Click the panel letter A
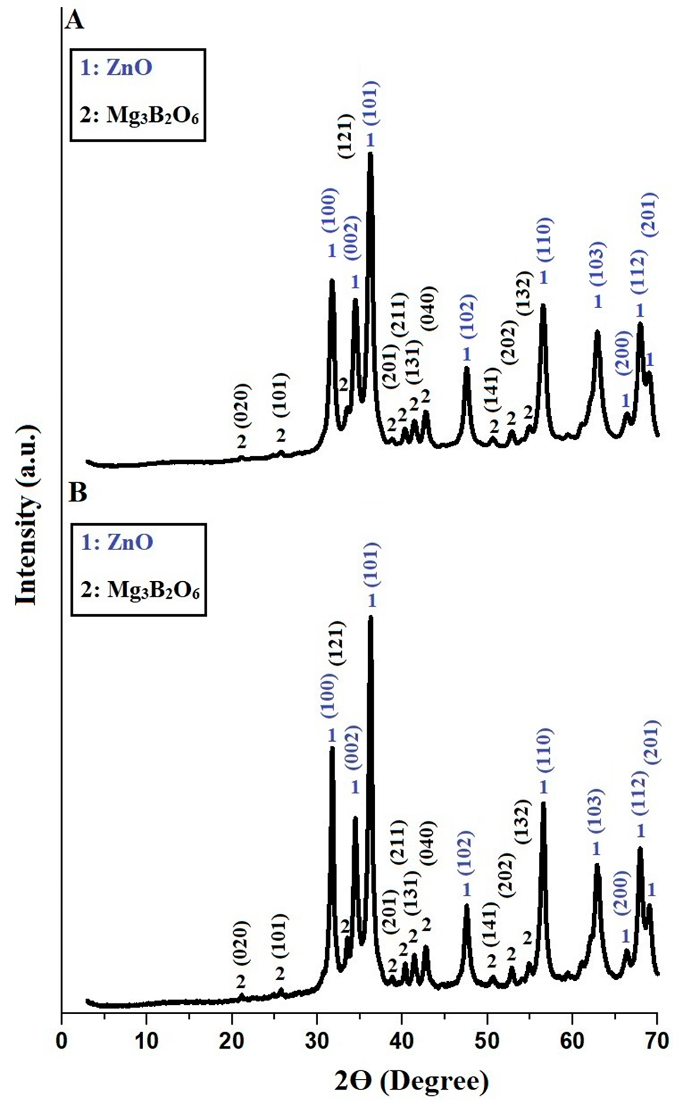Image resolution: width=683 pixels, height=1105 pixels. coord(75,19)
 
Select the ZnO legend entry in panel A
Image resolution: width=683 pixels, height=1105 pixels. coord(117,68)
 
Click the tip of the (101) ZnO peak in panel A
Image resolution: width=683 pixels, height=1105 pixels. coord(370,154)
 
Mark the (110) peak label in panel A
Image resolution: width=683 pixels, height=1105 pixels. coord(545,240)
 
